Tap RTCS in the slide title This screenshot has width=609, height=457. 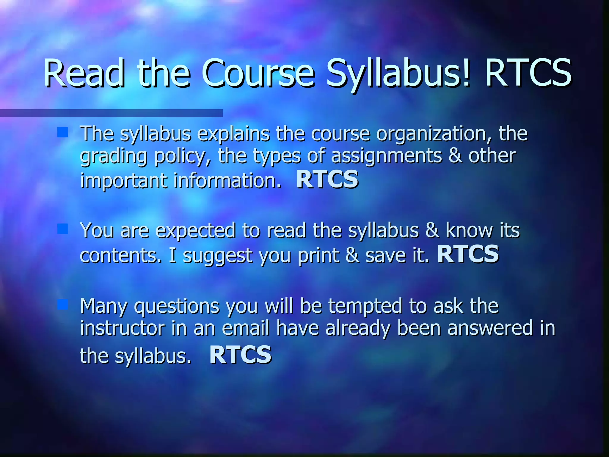click(x=528, y=73)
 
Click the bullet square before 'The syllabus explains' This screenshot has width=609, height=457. click(x=62, y=132)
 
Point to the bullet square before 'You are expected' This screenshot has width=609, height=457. click(x=62, y=229)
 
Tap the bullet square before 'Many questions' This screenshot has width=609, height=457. click(x=62, y=304)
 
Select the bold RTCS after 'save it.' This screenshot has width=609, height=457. click(x=468, y=254)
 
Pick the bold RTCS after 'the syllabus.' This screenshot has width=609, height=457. click(x=240, y=355)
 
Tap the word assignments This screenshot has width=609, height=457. click(x=387, y=156)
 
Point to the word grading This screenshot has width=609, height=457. click(x=113, y=156)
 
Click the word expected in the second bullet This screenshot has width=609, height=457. click(x=195, y=231)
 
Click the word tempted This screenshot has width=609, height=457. click(x=365, y=306)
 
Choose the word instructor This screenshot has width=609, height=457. click(x=122, y=328)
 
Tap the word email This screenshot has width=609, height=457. click(x=246, y=328)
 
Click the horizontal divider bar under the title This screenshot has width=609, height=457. click(x=111, y=113)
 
